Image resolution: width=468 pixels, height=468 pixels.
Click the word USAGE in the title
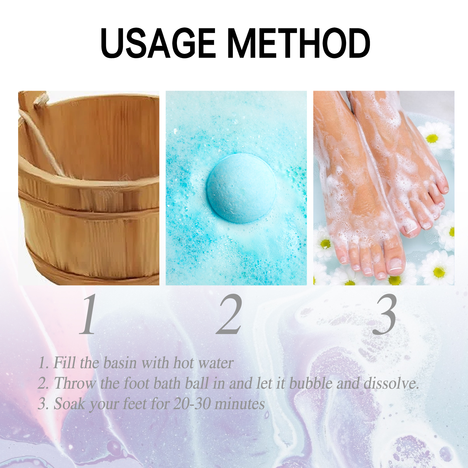[x=158, y=43]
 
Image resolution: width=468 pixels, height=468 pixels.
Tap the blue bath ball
[x=242, y=188]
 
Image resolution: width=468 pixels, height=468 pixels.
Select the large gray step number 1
[x=89, y=314]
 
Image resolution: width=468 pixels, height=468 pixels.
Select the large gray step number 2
[x=230, y=314]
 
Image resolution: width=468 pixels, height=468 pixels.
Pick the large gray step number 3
[x=385, y=314]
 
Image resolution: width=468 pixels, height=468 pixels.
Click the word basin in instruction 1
[x=120, y=363]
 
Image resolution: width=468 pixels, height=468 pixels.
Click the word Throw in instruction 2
[x=75, y=383]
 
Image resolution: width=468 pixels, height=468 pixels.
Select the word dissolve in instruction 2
[x=391, y=383]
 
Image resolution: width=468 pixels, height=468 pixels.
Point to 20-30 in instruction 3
[x=192, y=404]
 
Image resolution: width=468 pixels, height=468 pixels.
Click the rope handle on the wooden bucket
[x=41, y=137]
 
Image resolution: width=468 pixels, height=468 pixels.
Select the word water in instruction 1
[x=216, y=363]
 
